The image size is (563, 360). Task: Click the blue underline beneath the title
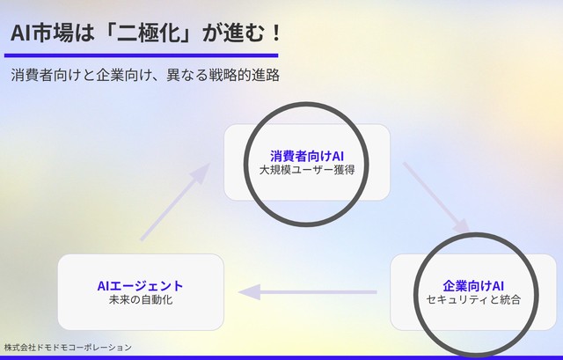141,55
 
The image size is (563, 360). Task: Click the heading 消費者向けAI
306,156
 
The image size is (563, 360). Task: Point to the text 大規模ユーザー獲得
306,170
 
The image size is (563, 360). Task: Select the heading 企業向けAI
472,285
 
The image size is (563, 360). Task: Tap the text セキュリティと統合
472,299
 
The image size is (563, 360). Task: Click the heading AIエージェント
141,285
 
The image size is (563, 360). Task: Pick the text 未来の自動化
141,299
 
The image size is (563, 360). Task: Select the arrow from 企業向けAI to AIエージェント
308,292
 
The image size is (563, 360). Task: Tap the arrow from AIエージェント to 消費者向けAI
174,202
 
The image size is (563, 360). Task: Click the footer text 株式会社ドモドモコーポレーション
68,347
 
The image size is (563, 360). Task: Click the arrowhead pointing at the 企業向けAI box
463,231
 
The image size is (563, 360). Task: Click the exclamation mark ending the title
274,33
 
